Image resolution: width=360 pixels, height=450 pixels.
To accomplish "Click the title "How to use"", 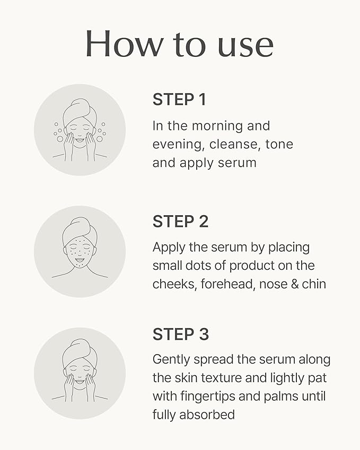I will [179, 45].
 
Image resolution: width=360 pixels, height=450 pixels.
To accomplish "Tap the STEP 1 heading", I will [179, 100].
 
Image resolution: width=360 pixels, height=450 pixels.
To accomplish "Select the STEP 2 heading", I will [180, 222].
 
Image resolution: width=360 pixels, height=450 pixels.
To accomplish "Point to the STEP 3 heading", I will [181, 334].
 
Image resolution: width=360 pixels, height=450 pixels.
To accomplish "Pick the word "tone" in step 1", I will [279, 144].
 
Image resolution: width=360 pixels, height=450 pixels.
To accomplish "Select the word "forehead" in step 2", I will [230, 284].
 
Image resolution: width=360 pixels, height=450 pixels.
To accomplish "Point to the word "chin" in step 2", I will [314, 284].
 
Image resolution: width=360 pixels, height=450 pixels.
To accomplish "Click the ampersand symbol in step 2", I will [291, 284].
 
